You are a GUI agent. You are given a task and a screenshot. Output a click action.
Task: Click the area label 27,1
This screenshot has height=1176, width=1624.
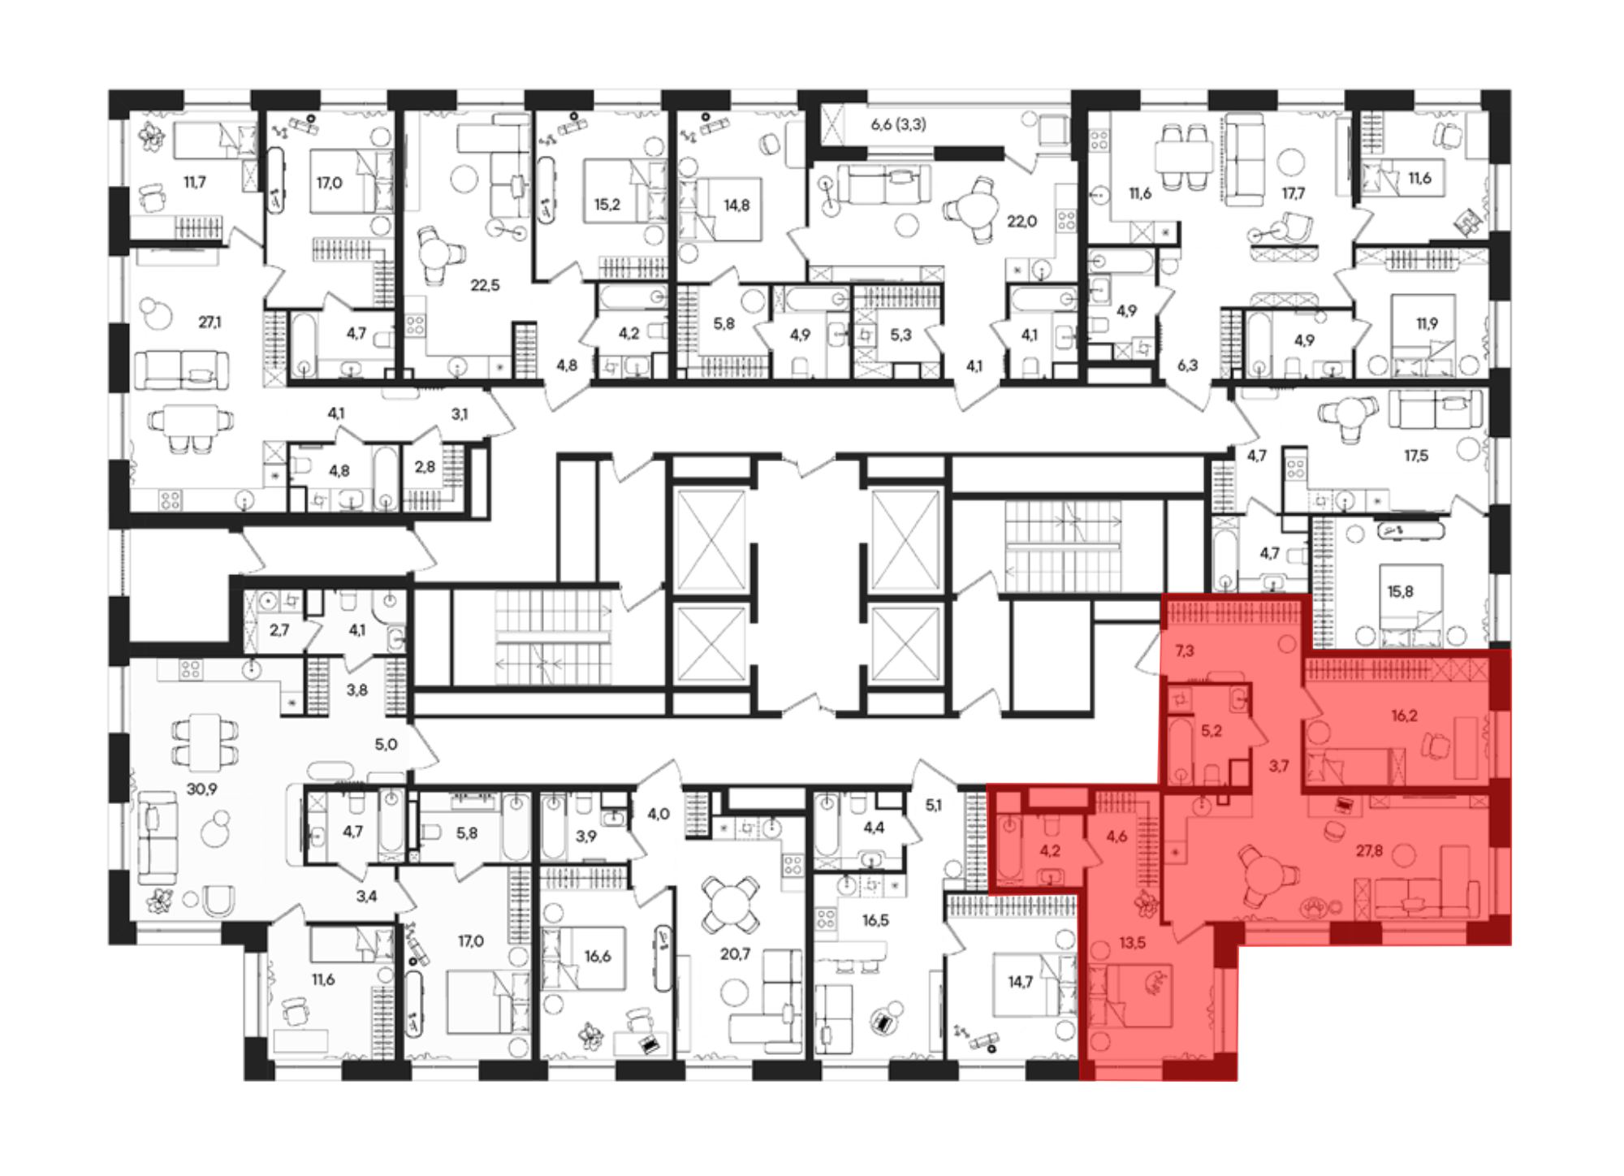coord(209,322)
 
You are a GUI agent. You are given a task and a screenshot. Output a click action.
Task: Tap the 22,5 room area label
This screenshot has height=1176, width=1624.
coord(485,285)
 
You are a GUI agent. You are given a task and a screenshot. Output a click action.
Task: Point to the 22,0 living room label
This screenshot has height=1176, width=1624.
coord(1021,221)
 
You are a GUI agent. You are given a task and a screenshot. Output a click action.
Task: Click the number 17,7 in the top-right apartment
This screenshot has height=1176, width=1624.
coord(1294,193)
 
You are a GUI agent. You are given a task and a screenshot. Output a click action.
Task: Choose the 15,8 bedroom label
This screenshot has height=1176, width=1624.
coord(1400,591)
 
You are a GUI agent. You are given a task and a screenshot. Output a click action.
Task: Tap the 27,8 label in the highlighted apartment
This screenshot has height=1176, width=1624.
coord(1369,850)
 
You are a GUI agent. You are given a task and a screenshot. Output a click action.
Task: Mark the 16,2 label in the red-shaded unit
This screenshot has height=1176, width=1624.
coord(1404,716)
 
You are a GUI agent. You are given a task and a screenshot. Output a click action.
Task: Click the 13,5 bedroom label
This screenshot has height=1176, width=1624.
coord(1132,943)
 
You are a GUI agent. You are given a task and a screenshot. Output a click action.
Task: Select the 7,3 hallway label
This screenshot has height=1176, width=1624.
coord(1185,651)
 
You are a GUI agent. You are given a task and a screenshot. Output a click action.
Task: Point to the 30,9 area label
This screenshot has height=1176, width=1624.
coord(201,789)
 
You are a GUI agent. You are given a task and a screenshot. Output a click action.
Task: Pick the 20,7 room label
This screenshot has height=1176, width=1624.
coord(735,954)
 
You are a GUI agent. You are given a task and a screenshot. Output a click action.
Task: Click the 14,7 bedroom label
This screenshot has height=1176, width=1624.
coord(1020,982)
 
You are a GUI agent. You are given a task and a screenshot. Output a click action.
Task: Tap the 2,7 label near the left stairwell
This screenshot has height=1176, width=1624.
coord(279,629)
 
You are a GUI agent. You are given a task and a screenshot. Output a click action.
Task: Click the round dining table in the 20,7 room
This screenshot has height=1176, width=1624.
coord(730,904)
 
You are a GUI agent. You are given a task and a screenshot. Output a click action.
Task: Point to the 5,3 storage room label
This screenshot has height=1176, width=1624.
coord(901,334)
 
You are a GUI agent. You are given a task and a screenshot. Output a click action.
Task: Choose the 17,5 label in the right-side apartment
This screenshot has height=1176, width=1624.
coord(1415,456)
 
